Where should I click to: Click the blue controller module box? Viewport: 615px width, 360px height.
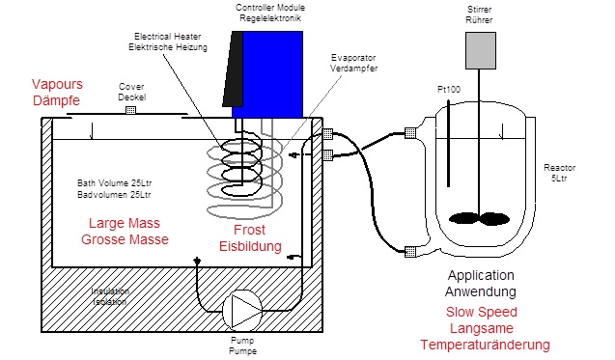point(272,74)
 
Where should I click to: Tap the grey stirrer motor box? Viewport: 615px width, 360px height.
point(481,50)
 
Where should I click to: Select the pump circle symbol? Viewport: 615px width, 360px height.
point(242,310)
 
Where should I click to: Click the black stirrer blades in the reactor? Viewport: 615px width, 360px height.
point(479,219)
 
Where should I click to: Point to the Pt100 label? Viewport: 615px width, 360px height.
point(449,90)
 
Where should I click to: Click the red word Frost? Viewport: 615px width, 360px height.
point(249,230)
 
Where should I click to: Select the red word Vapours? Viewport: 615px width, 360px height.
point(57,84)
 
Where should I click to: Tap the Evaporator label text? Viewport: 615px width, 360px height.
point(353,58)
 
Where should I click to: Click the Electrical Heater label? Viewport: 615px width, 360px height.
point(167,37)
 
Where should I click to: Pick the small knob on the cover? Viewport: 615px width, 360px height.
point(130,110)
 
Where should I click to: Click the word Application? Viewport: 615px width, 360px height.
point(481,276)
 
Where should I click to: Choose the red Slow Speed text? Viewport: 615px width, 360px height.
point(482,312)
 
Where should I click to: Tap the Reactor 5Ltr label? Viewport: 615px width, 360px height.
point(559,173)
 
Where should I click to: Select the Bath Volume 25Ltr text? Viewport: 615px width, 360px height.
point(114,183)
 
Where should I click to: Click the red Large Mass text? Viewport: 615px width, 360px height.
point(125,223)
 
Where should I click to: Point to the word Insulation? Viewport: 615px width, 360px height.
point(110,291)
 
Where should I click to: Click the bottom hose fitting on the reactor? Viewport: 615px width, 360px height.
point(410,251)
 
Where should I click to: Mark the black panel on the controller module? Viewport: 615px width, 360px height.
point(233,69)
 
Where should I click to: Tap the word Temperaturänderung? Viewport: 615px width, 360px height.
point(486,346)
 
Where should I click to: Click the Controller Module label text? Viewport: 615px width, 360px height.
point(270,8)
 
